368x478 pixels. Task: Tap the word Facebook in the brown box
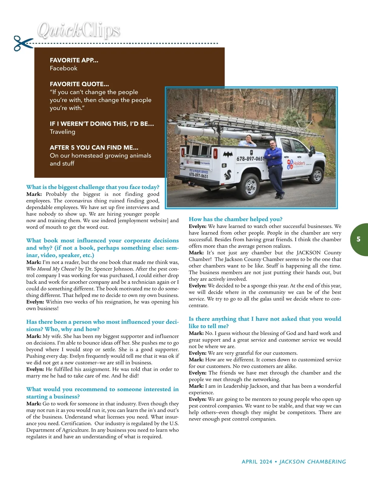tap(63, 68)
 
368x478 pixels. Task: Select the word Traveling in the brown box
tap(63, 132)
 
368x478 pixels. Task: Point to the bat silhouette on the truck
tap(228, 154)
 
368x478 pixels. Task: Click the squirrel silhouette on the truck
tap(228, 175)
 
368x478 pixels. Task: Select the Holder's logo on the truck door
tap(296, 164)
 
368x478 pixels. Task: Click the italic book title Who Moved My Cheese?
tap(52, 269)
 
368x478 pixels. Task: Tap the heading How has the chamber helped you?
tap(236, 219)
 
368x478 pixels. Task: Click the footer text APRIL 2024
tap(257, 461)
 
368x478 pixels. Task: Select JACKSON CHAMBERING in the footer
tap(312, 461)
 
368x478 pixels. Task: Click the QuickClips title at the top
tap(79, 31)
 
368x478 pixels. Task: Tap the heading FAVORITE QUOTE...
tap(79, 84)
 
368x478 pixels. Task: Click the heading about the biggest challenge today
tap(93, 187)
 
